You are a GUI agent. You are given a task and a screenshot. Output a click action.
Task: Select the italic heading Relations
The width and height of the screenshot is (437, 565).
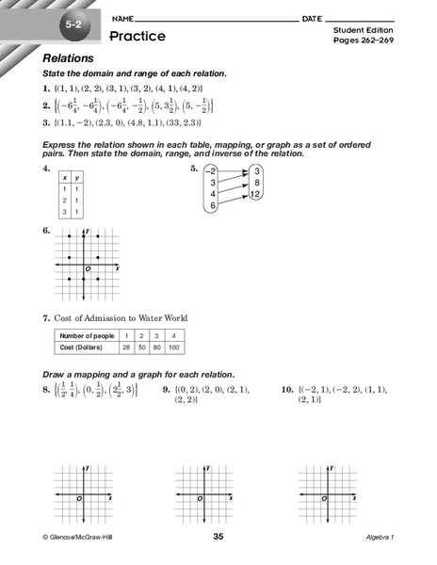coord(69,58)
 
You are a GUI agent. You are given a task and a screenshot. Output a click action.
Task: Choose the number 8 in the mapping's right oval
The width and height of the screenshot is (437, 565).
coord(257,183)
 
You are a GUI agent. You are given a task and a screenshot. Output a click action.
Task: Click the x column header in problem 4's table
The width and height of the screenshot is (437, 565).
coord(63,176)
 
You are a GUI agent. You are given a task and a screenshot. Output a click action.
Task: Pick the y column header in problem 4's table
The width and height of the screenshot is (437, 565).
coord(78,176)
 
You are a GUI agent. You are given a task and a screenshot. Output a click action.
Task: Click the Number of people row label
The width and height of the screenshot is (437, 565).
coord(78,336)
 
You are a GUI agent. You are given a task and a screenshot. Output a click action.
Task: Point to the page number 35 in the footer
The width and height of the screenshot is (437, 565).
coord(218,537)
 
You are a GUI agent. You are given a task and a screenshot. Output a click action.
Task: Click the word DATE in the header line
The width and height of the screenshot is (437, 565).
coord(313,19)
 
